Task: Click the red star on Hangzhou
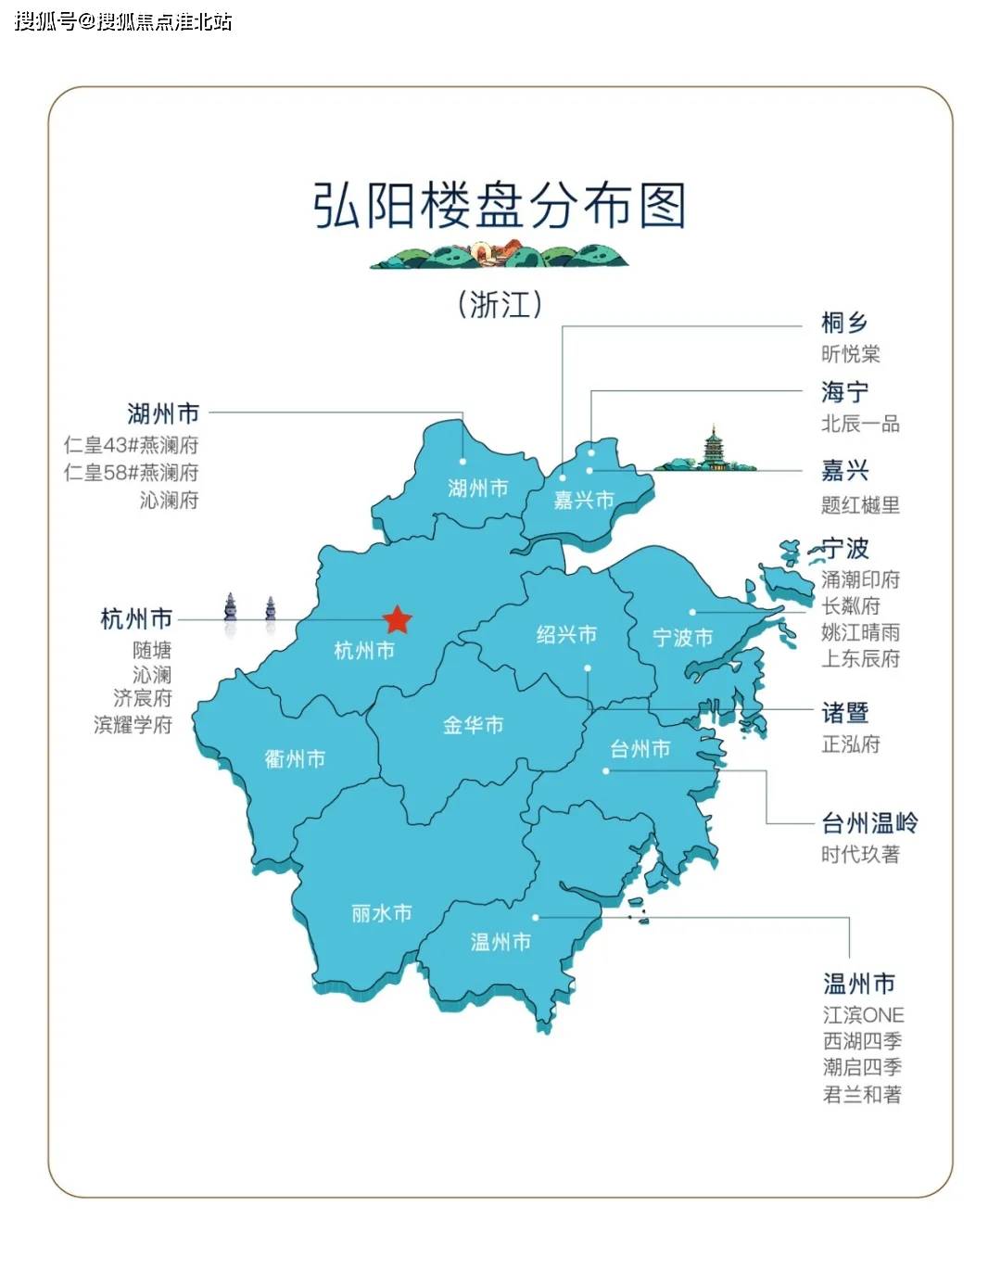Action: (397, 619)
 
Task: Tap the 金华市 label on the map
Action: (473, 725)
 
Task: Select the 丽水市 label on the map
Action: (381, 913)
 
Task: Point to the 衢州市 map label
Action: (295, 758)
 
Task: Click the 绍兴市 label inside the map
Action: (566, 635)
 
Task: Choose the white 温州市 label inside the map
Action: (500, 942)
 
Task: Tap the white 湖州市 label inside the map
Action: (478, 488)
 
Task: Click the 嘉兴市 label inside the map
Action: (584, 501)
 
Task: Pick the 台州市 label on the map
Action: (640, 748)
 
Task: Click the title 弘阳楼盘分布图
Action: (500, 205)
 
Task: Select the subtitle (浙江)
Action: (500, 304)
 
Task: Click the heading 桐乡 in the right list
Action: (844, 323)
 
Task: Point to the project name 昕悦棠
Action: (850, 353)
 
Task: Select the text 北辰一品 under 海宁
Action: (860, 424)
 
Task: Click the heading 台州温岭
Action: (869, 822)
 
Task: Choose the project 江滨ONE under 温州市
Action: (863, 1015)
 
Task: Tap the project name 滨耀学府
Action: (133, 725)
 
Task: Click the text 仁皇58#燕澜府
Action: (131, 473)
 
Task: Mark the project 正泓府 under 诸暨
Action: (850, 744)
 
